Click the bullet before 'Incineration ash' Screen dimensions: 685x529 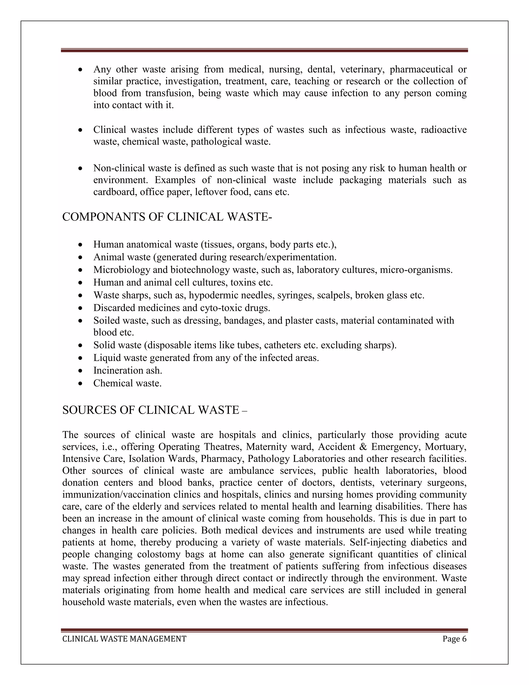[x=81, y=371]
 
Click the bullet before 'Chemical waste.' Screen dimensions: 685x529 [x=81, y=384]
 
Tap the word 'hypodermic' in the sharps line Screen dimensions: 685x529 [x=213, y=295]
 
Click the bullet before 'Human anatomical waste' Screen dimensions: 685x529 [x=81, y=245]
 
